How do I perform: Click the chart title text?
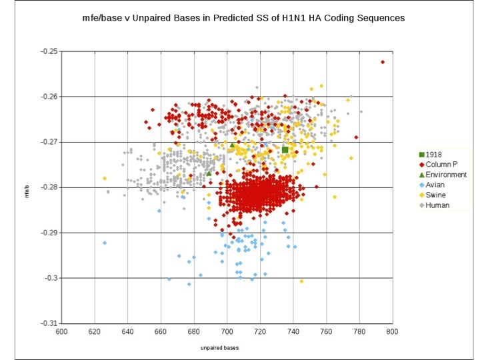click(239, 19)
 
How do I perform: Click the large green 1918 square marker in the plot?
click(285, 150)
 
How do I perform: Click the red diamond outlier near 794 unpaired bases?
click(383, 62)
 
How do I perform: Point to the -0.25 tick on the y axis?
click(51, 51)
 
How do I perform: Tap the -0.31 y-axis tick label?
click(51, 323)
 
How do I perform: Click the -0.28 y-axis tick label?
click(51, 187)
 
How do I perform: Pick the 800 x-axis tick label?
click(391, 331)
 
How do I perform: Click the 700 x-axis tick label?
click(227, 331)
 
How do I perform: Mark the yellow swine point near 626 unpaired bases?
click(105, 178)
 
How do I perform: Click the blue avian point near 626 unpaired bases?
click(105, 243)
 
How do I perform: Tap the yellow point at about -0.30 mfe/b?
click(301, 281)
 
